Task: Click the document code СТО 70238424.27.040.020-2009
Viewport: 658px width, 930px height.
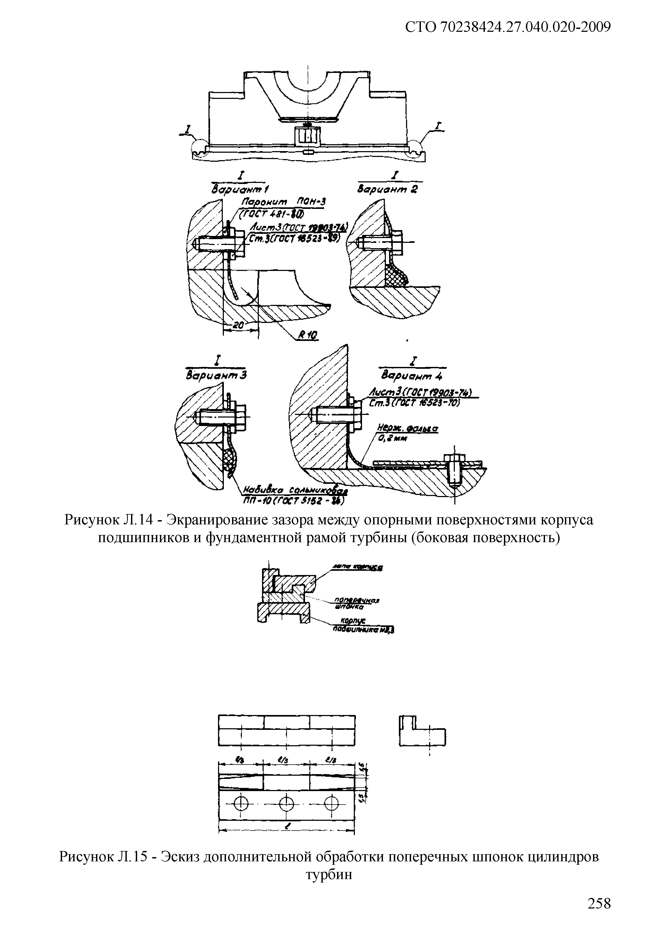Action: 508,27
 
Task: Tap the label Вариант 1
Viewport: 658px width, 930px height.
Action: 241,189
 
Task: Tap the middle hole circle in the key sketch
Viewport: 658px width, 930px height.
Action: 286,801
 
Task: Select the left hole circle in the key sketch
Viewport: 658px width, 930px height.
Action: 241,801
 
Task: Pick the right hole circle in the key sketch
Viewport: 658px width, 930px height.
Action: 332,801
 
